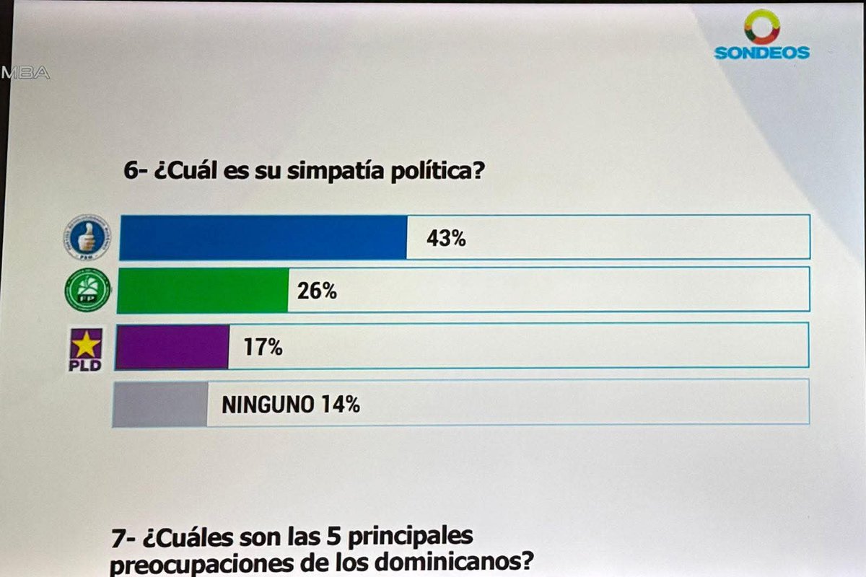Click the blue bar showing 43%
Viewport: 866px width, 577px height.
click(x=263, y=237)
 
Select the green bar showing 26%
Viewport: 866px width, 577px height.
click(x=202, y=291)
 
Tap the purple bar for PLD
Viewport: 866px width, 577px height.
click(x=172, y=347)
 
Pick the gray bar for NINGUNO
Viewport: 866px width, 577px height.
click(x=160, y=405)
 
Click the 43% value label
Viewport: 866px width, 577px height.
click(x=445, y=238)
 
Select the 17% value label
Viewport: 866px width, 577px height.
click(x=262, y=348)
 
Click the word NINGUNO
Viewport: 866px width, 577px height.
click(x=267, y=405)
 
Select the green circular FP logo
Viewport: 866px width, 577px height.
click(x=87, y=290)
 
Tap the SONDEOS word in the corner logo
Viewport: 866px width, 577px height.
click(x=761, y=53)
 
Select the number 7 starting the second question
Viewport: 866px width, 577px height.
click(x=118, y=537)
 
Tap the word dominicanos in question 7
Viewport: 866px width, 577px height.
click(x=448, y=563)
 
